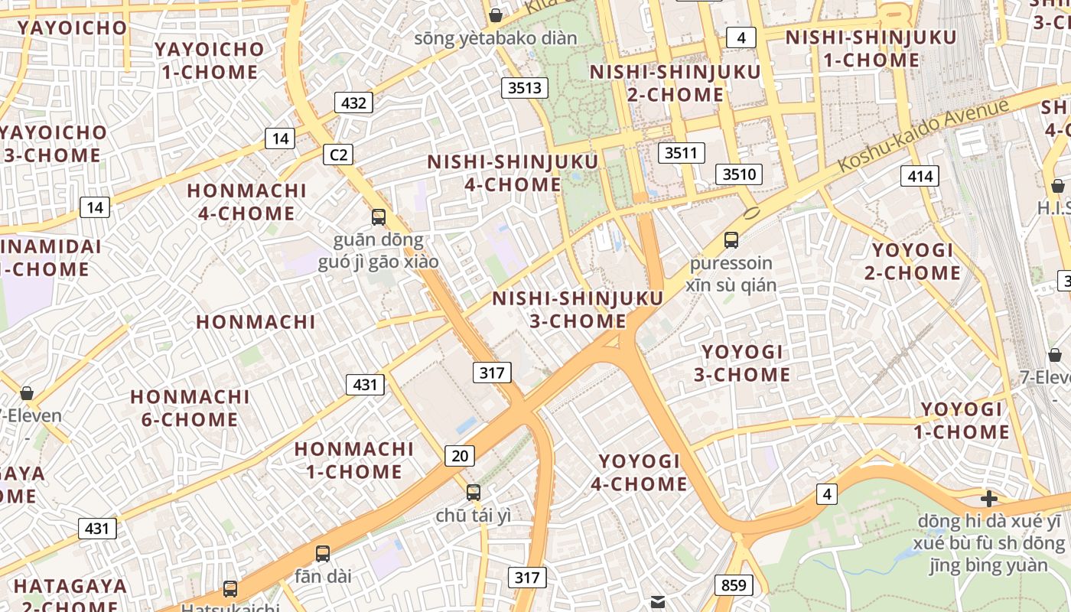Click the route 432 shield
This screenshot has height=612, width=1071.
tap(353, 103)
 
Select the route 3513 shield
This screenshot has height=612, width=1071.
tap(525, 87)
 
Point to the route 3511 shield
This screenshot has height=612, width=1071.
tap(681, 152)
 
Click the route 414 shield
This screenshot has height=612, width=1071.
tap(920, 177)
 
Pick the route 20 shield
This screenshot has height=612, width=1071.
tap(459, 456)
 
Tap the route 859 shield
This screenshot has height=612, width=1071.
tap(734, 585)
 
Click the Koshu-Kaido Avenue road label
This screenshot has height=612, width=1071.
tap(923, 136)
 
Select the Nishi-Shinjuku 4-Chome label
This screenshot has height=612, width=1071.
tap(513, 173)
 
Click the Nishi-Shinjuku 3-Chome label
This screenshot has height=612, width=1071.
tap(578, 309)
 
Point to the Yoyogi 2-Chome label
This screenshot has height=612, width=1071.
tap(913, 262)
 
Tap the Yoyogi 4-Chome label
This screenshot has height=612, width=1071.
tap(640, 472)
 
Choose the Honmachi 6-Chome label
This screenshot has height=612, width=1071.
tap(190, 408)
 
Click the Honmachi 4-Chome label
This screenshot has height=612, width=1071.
tap(246, 201)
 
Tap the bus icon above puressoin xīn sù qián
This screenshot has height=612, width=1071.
tap(731, 240)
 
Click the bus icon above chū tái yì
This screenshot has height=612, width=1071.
tap(474, 492)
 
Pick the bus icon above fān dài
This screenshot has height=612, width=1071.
tap(323, 553)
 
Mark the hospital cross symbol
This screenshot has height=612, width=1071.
tap(989, 499)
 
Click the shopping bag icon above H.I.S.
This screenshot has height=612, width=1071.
tap(1057, 185)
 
